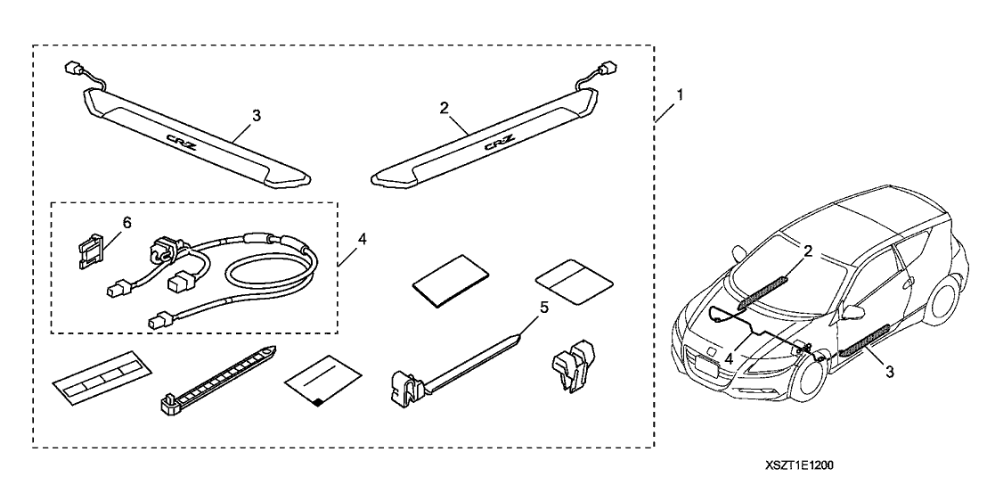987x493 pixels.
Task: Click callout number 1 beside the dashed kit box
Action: [x=682, y=95]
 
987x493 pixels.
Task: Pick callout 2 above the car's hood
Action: [x=808, y=251]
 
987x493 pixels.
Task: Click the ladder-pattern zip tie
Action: [x=219, y=376]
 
